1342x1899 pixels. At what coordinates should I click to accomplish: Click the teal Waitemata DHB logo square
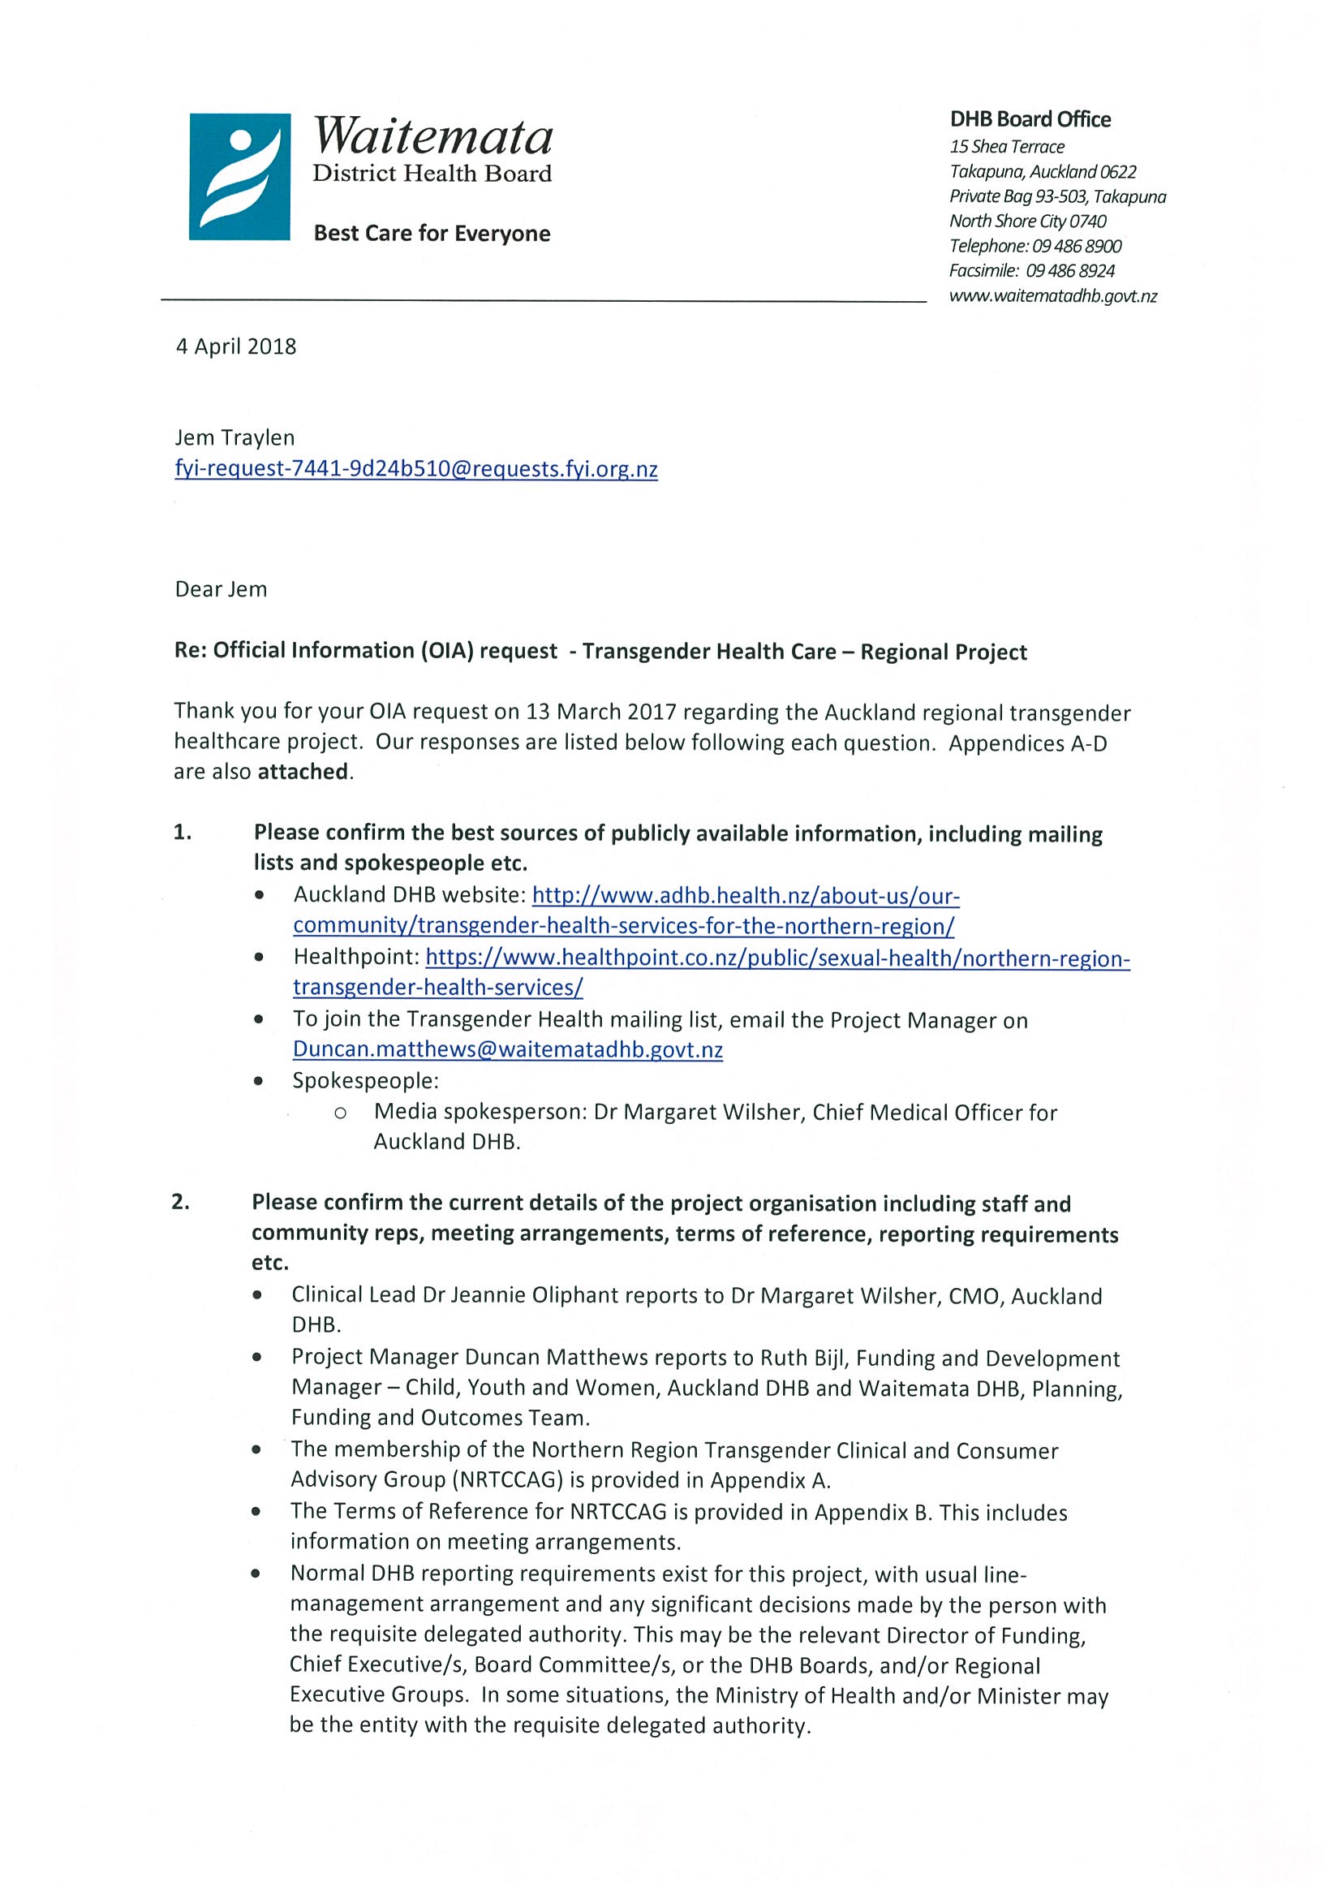(x=239, y=177)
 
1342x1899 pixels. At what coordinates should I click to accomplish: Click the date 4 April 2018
(x=235, y=347)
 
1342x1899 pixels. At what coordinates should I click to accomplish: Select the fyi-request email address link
(x=416, y=470)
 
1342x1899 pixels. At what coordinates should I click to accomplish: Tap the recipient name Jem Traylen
(x=234, y=437)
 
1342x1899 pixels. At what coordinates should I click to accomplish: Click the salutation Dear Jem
(x=221, y=590)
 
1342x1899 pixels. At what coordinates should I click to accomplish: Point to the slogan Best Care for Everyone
(x=432, y=234)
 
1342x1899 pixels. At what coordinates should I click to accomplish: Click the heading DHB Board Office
(x=1030, y=120)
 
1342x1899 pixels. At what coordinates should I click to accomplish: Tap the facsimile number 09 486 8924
(x=1070, y=271)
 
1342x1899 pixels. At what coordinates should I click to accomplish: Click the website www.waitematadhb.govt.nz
(x=1052, y=296)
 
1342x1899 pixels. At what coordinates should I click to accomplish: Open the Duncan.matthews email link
(x=508, y=1050)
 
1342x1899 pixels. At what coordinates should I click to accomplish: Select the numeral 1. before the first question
(x=183, y=833)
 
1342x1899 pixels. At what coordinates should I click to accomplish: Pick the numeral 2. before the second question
(x=181, y=1203)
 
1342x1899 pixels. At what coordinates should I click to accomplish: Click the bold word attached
(x=303, y=772)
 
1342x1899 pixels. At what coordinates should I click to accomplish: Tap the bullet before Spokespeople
(x=260, y=1082)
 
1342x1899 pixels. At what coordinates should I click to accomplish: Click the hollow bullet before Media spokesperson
(x=340, y=1113)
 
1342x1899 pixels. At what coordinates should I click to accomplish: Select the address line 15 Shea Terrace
(x=1007, y=147)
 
